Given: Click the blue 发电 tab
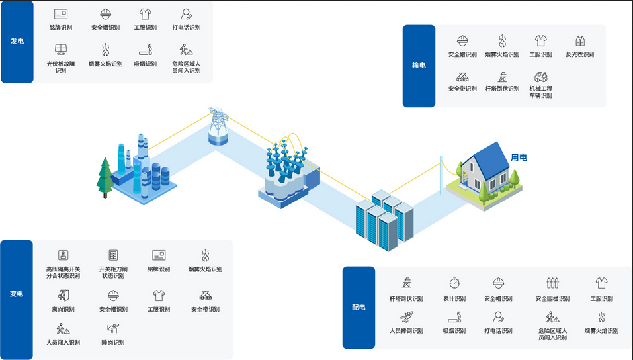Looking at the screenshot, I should click(x=17, y=42).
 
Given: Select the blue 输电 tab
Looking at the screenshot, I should click(x=419, y=66).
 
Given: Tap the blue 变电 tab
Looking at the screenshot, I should click(x=17, y=294).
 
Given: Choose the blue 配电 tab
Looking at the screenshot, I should click(x=358, y=308).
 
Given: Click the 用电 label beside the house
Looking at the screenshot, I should click(x=519, y=157).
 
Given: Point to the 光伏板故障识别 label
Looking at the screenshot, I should click(x=60, y=67).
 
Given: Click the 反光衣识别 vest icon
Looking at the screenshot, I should click(x=579, y=41).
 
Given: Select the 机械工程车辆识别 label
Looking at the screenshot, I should click(x=540, y=92).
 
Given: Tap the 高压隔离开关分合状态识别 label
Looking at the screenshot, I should click(x=63, y=273).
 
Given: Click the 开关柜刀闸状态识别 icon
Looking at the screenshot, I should click(x=113, y=255).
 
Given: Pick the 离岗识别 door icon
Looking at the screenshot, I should click(x=63, y=295).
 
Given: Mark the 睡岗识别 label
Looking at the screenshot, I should click(x=113, y=343).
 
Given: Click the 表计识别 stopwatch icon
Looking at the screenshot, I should click(x=454, y=283).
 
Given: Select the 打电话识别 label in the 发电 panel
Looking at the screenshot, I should click(x=186, y=28).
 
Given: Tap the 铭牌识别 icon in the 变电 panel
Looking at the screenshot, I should click(x=159, y=255).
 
